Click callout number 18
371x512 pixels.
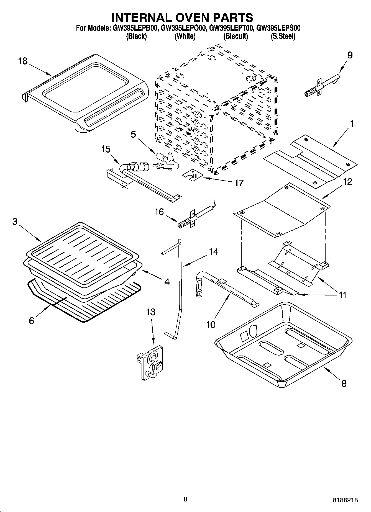coord(23,61)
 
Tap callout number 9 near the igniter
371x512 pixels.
coord(350,55)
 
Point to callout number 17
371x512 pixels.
coord(239,183)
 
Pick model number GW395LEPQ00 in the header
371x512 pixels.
coord(183,28)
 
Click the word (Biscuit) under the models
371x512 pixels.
coord(236,36)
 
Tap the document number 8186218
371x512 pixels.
coord(345,500)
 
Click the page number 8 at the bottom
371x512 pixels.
coord(185,499)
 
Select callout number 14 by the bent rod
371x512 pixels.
coord(213,252)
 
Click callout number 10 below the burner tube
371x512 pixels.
coord(211,324)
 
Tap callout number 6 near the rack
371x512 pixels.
coord(31,321)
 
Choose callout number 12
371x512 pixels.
coord(348,182)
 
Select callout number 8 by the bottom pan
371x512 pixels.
coord(344,384)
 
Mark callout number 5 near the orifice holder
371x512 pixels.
coord(133,134)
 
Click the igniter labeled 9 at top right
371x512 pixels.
coord(321,87)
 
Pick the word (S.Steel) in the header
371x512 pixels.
coord(283,36)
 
